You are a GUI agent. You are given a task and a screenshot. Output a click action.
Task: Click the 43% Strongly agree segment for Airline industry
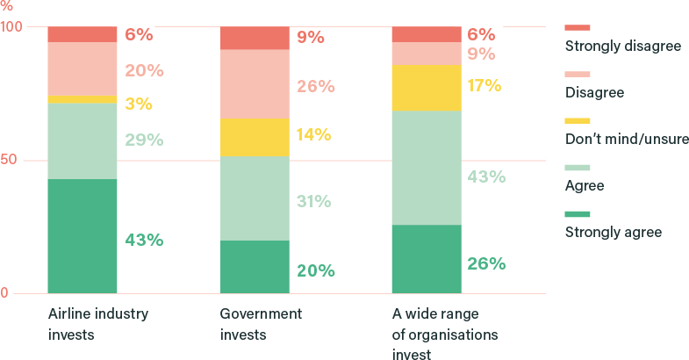point(83,235)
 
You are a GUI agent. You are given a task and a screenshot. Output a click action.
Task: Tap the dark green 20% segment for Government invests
point(255,266)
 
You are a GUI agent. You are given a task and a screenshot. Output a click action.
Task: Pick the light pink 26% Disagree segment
point(255,84)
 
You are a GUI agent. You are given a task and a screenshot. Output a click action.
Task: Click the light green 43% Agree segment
point(427,167)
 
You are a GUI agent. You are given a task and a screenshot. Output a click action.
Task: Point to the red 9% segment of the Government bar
point(255,38)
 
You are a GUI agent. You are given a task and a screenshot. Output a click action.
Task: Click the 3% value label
point(139,104)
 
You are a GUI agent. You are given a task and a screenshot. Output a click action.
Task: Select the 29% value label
point(144,140)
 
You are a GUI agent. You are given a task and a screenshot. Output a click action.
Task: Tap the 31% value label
point(313,201)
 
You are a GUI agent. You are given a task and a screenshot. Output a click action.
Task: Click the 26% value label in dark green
point(484,263)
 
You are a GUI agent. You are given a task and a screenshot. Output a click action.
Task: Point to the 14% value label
point(312,134)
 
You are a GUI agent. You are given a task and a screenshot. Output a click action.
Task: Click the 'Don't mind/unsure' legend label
point(628,139)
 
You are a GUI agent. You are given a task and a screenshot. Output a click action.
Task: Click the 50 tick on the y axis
point(12,160)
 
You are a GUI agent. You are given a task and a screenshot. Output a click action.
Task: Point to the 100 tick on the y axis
point(11,26)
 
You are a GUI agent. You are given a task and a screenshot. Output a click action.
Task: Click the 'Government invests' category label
point(261,324)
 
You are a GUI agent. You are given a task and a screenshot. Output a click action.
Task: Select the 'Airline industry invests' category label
point(97,324)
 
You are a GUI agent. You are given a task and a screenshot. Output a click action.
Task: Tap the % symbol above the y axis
point(6,5)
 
